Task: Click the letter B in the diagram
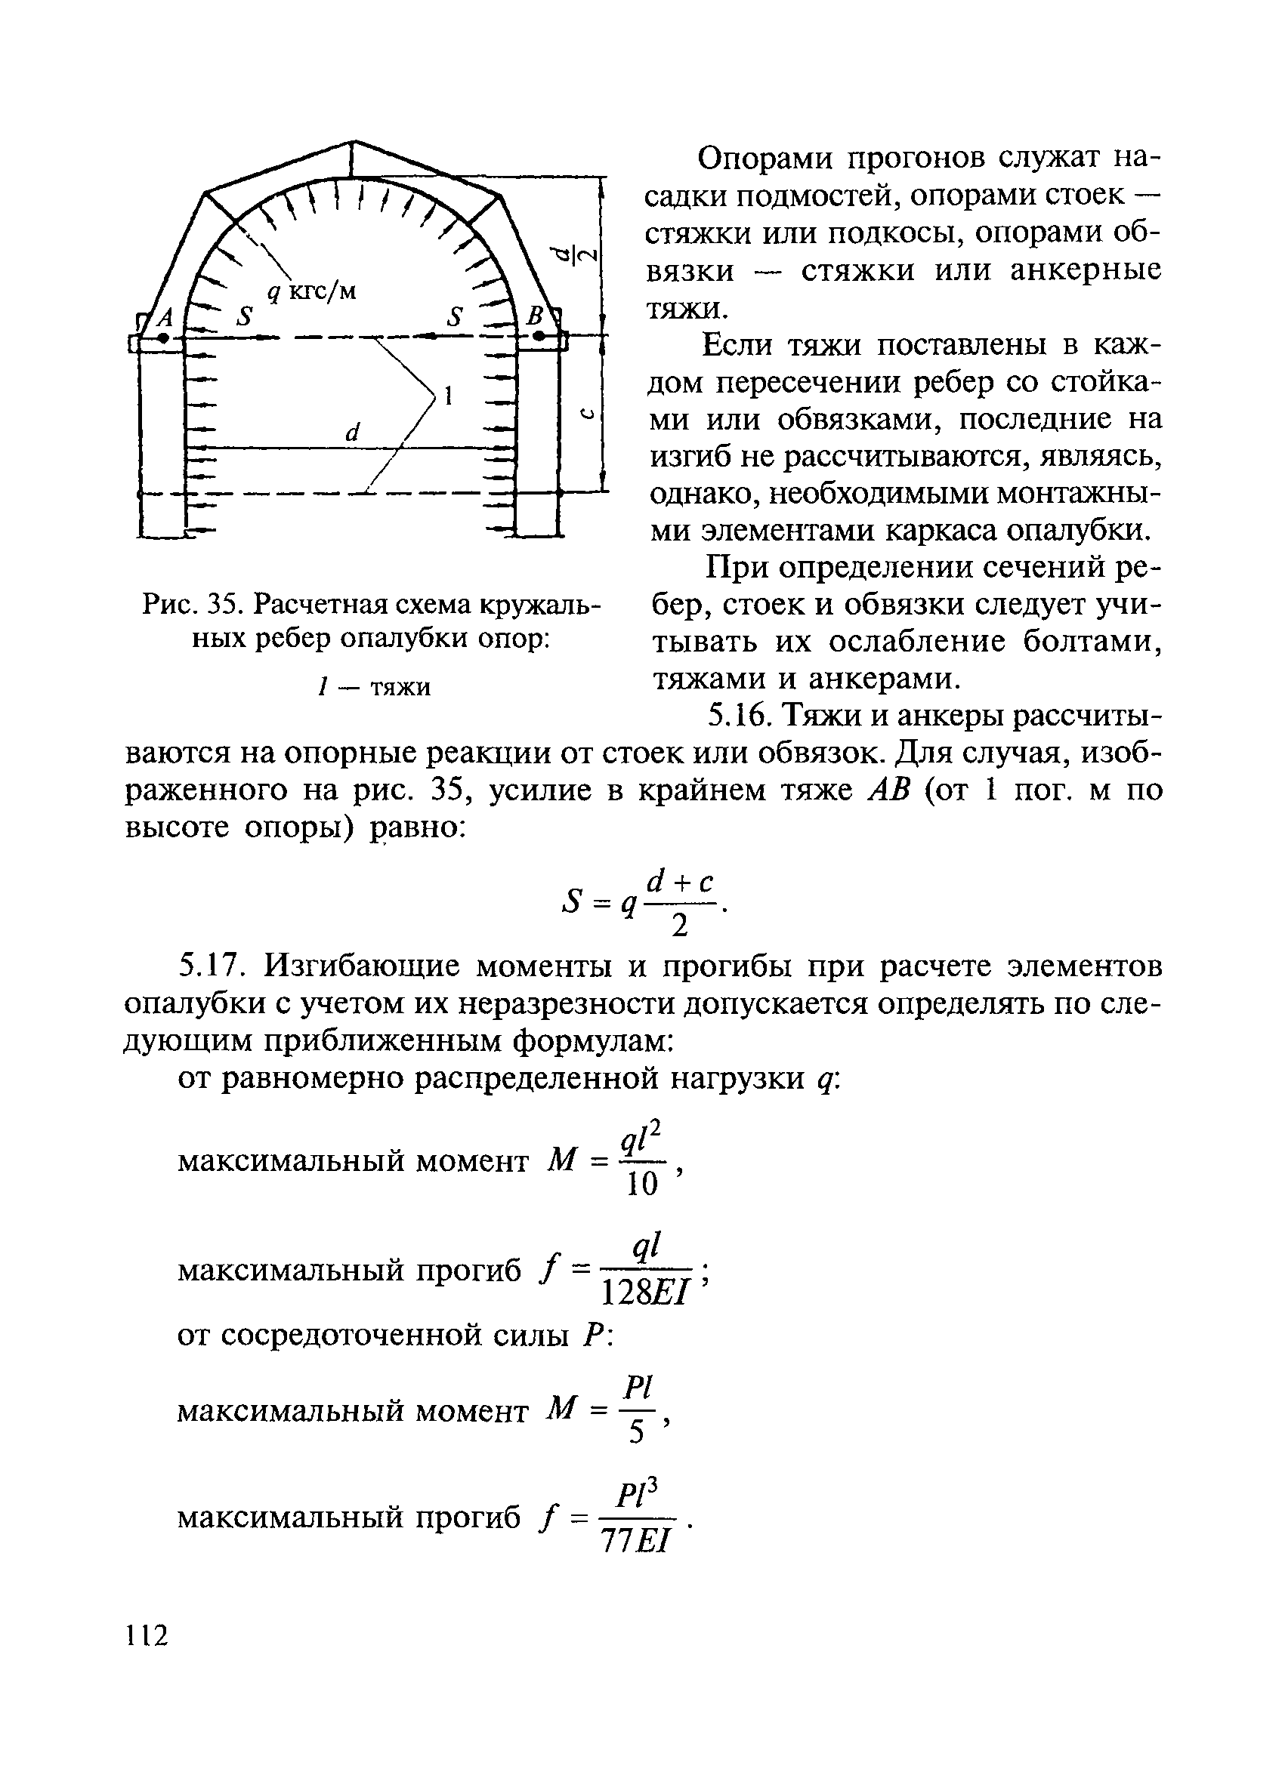click(536, 318)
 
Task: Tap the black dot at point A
click(163, 337)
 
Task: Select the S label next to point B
click(455, 317)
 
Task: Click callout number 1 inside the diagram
click(449, 396)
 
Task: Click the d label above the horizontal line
click(352, 432)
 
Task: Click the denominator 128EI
click(644, 1293)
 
